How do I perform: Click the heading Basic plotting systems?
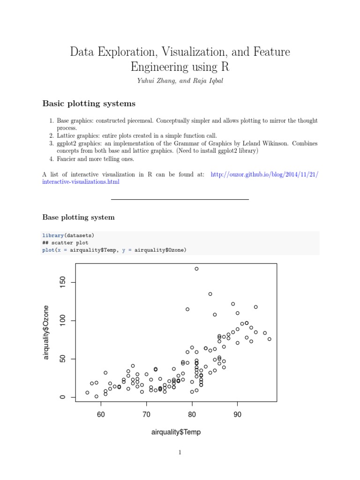point(89,103)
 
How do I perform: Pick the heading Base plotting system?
point(78,217)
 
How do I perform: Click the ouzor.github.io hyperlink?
point(265,174)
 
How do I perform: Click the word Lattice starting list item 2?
point(67,136)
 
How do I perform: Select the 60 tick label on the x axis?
point(101,415)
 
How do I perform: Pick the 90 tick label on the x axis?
point(237,415)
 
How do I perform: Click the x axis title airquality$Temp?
point(176,432)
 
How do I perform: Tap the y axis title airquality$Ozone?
point(46,332)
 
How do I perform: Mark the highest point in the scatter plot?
point(196,269)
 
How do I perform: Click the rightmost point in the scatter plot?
point(269,339)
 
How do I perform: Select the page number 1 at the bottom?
point(180,452)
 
